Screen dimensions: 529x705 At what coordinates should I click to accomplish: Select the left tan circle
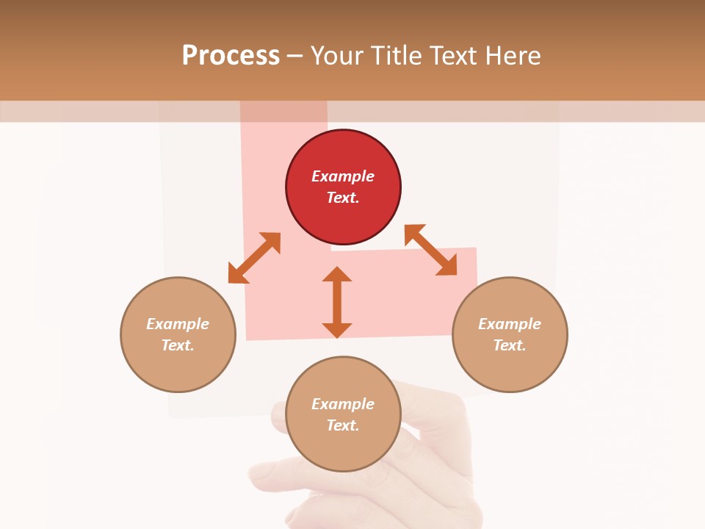(x=178, y=334)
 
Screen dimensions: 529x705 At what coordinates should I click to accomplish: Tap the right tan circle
(x=510, y=334)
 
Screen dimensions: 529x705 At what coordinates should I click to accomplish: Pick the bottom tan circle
(x=343, y=414)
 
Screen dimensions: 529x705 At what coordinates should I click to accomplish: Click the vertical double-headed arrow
(x=337, y=302)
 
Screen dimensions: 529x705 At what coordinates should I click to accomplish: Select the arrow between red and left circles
(x=254, y=258)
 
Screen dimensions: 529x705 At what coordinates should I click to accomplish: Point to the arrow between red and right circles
(x=431, y=250)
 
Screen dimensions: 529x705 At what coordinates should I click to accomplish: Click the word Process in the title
(x=231, y=55)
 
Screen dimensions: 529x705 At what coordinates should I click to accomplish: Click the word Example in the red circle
(x=343, y=176)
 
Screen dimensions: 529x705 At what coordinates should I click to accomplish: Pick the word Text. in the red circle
(x=343, y=198)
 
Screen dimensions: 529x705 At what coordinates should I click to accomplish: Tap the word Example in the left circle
(x=178, y=324)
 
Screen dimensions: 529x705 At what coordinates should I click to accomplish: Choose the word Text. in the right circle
(x=510, y=345)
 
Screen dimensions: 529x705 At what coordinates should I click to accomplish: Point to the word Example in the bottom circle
(x=343, y=404)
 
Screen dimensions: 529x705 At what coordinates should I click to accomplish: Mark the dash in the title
(x=295, y=56)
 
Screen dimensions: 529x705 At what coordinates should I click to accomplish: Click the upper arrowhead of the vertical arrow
(x=337, y=275)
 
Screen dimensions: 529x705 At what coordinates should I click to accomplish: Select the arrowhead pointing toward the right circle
(x=447, y=266)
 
